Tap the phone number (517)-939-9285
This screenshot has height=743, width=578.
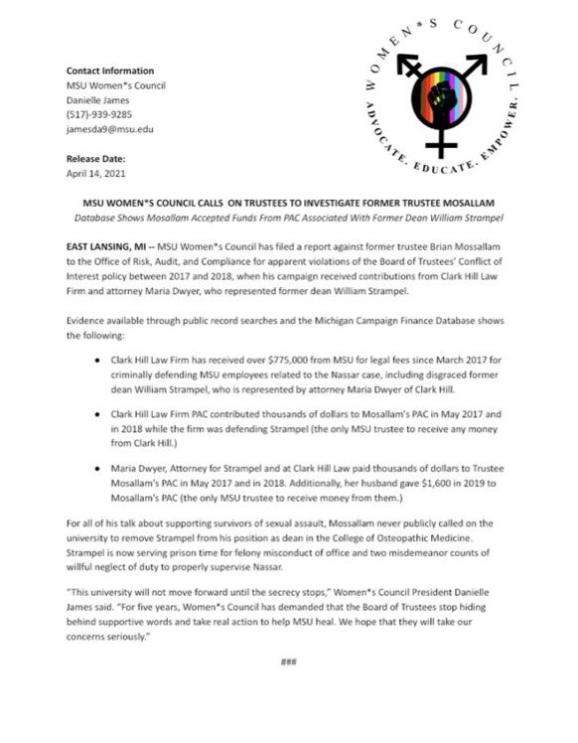pyautogui.click(x=93, y=113)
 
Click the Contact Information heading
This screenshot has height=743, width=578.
pyautogui.click(x=110, y=71)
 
